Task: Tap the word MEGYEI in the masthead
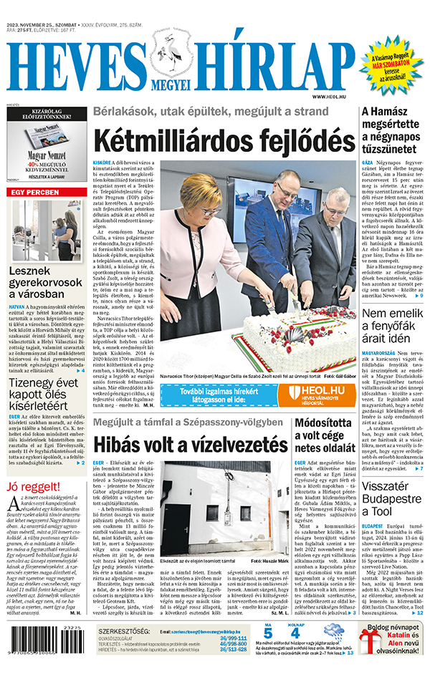(x=171, y=83)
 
